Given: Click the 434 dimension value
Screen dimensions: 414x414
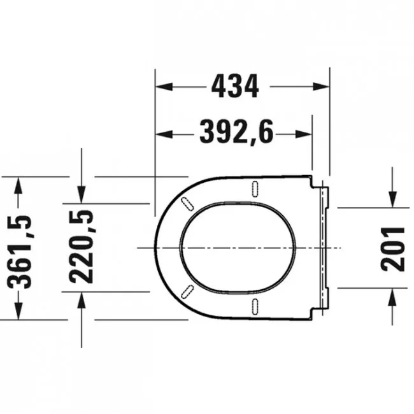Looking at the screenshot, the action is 235,86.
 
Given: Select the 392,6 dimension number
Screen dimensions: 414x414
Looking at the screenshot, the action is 236,132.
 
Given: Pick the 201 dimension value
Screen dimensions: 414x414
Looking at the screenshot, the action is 392,249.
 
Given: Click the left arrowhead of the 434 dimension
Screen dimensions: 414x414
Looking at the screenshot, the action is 164,87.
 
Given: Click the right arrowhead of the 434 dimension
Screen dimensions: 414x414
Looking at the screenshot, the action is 321,87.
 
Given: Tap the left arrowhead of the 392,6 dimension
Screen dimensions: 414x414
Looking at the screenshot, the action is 164,134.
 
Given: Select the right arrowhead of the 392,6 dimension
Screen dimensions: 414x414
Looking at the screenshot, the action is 304,134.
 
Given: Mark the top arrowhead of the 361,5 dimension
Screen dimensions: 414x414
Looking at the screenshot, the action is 18,185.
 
